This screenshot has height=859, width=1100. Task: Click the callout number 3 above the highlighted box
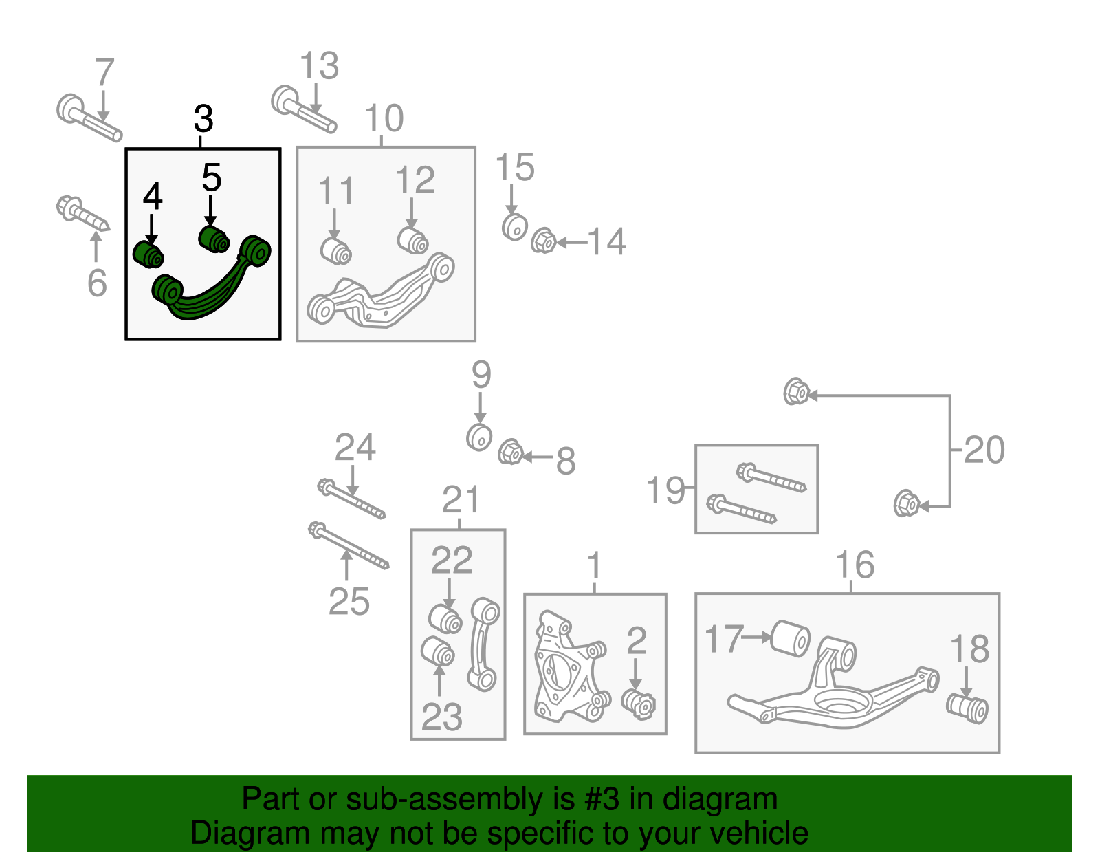[x=203, y=119]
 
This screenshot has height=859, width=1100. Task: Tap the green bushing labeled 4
[x=148, y=254]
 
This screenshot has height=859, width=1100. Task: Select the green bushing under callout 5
[x=214, y=239]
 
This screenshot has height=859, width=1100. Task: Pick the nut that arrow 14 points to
[x=543, y=241]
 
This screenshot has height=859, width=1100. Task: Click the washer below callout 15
[x=514, y=226]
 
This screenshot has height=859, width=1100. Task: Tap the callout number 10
[x=384, y=118]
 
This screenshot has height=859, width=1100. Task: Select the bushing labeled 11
[x=336, y=250]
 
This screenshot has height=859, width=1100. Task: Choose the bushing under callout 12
[x=413, y=239]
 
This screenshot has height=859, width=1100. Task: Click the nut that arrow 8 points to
[x=510, y=453]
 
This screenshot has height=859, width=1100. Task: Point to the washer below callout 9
[x=479, y=437]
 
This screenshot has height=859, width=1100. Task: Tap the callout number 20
[x=984, y=450]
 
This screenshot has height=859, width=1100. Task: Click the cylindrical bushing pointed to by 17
[x=790, y=638]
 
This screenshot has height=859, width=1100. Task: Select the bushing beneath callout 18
[x=967, y=708]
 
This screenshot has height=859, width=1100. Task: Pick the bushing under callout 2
[x=639, y=703]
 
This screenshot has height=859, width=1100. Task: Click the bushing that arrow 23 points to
[x=438, y=651]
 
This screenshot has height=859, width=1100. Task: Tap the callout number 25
[x=349, y=602]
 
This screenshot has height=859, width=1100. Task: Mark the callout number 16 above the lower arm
[x=855, y=565]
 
